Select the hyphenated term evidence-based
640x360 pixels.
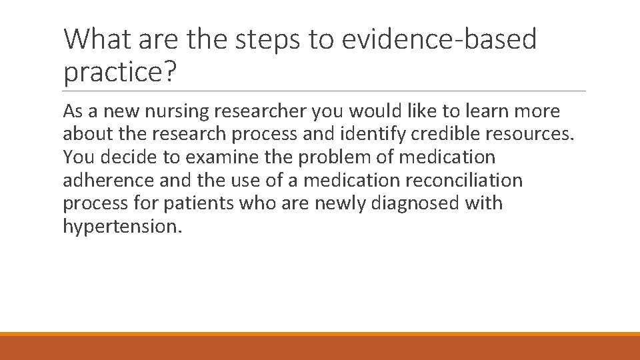(439, 39)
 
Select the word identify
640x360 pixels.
(375, 135)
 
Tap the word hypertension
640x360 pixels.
(120, 226)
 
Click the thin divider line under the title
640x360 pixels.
(325, 91)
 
